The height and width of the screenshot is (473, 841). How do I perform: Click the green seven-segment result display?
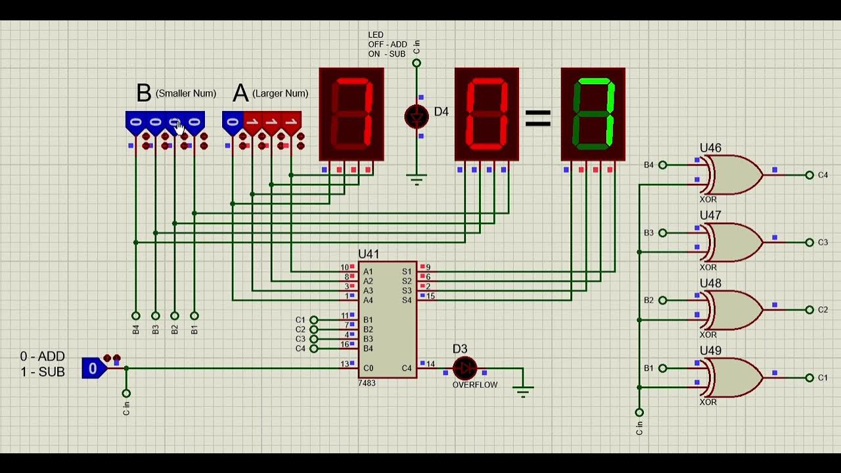593,114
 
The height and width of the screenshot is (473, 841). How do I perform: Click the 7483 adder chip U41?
387,319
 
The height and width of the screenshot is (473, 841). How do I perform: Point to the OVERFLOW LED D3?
465,368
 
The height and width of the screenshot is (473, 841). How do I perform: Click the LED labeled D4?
416,116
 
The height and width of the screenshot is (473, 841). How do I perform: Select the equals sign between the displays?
537,118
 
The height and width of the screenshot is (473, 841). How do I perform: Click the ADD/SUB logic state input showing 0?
93,369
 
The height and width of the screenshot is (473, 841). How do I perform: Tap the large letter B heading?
143,93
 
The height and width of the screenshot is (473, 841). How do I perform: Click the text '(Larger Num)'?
280,93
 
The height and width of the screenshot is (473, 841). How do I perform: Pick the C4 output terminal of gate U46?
809,175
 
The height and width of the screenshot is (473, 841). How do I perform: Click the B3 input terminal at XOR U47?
662,233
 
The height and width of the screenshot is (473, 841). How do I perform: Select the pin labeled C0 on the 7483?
368,368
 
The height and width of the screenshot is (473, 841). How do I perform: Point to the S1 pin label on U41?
407,271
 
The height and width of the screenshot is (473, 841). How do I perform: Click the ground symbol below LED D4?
416,179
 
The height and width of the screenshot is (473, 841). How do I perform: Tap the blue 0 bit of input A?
232,122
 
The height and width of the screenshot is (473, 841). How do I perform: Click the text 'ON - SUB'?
387,54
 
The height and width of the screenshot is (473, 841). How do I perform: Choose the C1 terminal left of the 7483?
313,320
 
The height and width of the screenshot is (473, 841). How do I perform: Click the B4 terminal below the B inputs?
136,316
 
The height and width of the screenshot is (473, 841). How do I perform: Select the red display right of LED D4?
486,114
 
